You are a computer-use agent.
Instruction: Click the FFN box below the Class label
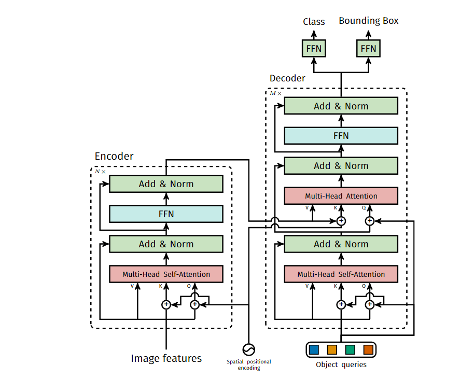[314, 48]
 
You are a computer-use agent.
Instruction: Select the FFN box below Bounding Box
[368, 48]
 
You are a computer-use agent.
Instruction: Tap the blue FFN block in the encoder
[166, 214]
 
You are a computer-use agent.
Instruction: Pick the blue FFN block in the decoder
[341, 136]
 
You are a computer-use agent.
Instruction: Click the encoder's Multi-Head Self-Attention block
[166, 274]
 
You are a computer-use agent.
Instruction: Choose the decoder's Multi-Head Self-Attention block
[341, 274]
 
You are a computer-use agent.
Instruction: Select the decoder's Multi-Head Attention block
[341, 196]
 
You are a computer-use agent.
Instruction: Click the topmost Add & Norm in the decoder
[341, 106]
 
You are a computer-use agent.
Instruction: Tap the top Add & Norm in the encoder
[166, 184]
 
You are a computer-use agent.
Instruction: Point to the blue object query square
[314, 349]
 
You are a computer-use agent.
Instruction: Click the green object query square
[350, 349]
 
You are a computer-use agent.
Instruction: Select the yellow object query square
[332, 349]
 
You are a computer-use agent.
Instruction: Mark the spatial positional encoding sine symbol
[249, 349]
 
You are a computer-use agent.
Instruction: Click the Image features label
[166, 358]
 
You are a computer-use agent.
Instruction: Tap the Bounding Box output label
[369, 21]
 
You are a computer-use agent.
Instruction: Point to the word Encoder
[114, 156]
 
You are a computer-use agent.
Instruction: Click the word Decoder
[287, 78]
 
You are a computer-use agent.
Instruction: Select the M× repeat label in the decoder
[275, 93]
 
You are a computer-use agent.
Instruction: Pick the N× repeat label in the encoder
[100, 172]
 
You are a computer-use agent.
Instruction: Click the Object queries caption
[341, 364]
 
